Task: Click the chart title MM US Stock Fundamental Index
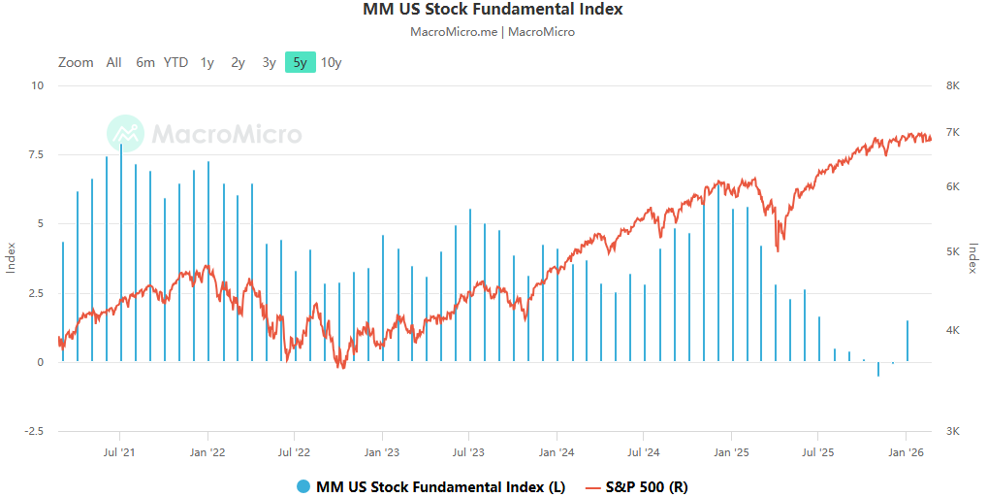tap(493, 10)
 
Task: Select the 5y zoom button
tap(300, 62)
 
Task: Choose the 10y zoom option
tap(332, 62)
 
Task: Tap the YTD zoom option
tap(175, 62)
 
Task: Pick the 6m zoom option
tap(145, 62)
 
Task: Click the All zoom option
tap(113, 62)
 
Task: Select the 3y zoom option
tap(269, 62)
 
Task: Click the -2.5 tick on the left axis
tap(34, 431)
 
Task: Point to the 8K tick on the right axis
tap(952, 85)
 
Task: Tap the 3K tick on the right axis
tap(952, 431)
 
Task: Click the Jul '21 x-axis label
tap(118, 451)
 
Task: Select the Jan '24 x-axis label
tap(556, 451)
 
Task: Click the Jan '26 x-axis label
tap(906, 451)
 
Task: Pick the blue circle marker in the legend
tap(304, 486)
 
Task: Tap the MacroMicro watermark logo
tap(205, 134)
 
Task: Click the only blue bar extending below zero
tap(878, 369)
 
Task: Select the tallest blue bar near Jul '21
tap(121, 252)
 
